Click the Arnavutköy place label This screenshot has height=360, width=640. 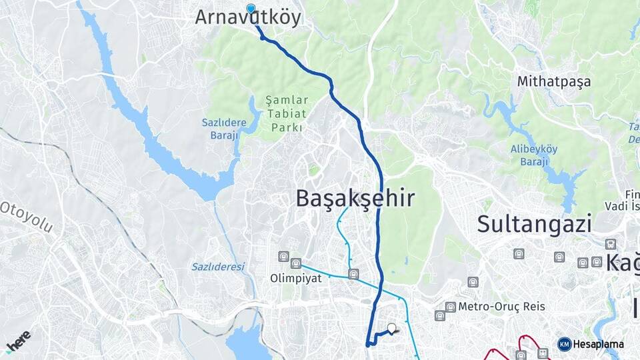point(247,18)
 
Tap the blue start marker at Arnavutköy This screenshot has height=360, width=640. point(251,9)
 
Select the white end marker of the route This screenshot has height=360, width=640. point(391,328)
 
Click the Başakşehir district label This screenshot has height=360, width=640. point(355,198)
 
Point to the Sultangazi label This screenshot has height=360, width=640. point(534,223)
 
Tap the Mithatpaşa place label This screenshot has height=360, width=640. point(554,82)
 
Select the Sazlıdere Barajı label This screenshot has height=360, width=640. point(224,129)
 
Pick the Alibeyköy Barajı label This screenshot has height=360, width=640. point(533,155)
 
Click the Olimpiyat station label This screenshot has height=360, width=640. point(296,279)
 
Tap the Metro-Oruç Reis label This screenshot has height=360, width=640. point(502,307)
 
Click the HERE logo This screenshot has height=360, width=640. point(18,341)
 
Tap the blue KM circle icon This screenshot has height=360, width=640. point(564,344)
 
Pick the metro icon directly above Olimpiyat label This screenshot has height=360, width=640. point(296,264)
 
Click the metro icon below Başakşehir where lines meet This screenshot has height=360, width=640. point(353,273)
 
